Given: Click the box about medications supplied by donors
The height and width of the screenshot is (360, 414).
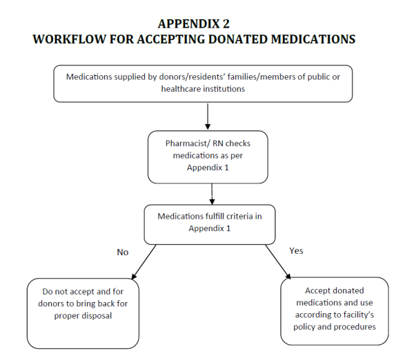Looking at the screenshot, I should pyautogui.click(x=207, y=83).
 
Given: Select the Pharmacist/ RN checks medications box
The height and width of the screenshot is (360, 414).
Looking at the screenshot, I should pyautogui.click(x=207, y=157).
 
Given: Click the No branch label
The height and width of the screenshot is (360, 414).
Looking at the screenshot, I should pyautogui.click(x=122, y=252).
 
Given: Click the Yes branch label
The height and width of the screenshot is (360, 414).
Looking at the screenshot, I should pyautogui.click(x=295, y=250).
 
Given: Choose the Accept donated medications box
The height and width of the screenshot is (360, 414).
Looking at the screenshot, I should pyautogui.click(x=334, y=310).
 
